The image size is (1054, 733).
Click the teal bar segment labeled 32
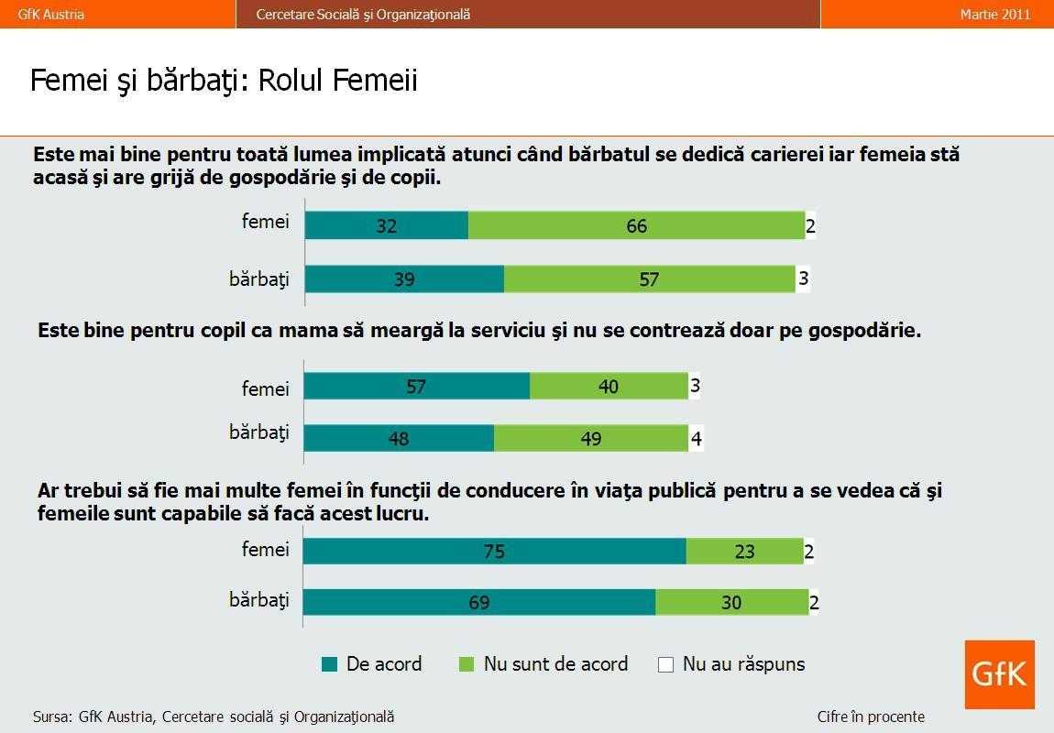[386, 225]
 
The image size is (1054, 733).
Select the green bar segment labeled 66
[636, 225]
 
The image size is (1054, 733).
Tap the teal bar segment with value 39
[404, 279]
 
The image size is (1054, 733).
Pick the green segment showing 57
[649, 279]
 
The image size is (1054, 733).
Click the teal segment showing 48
[399, 439]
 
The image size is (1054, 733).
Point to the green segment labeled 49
[591, 439]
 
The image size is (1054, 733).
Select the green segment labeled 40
[609, 387]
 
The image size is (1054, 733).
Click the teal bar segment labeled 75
[494, 552]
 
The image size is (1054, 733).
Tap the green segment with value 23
[744, 552]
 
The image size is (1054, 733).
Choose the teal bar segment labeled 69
[478, 602]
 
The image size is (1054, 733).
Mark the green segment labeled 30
[730, 602]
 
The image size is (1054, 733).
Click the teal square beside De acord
[330, 664]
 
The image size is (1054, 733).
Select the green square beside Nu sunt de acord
[467, 664]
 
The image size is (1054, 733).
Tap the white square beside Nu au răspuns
[666, 664]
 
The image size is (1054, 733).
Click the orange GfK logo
[999, 674]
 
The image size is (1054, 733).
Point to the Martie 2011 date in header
[995, 14]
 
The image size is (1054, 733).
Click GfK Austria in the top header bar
[51, 14]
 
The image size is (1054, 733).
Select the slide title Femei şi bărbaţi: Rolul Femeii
[224, 81]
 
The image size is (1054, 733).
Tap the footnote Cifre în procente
[871, 717]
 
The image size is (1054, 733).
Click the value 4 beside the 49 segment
[697, 440]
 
